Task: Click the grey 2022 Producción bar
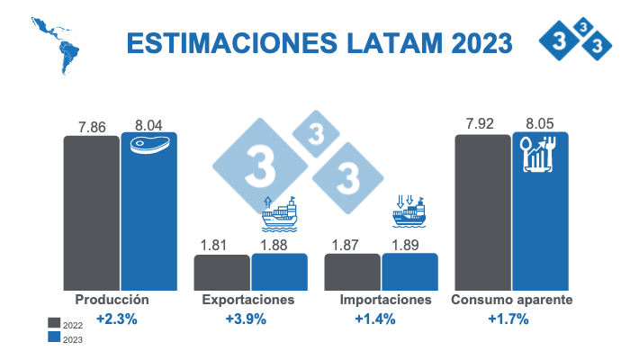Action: point(91,212)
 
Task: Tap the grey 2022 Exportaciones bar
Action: point(221,272)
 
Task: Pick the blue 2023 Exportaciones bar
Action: point(279,271)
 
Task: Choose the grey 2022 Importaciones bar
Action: point(352,271)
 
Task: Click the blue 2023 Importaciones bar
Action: point(409,271)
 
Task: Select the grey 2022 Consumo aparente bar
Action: point(482,212)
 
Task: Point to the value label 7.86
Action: point(92,127)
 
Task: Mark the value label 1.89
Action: point(409,244)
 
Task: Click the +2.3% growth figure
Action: point(117,319)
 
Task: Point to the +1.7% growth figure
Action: point(508,319)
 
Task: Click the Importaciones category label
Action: point(380,300)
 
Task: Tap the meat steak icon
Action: point(149,145)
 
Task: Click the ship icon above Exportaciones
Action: point(279,214)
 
